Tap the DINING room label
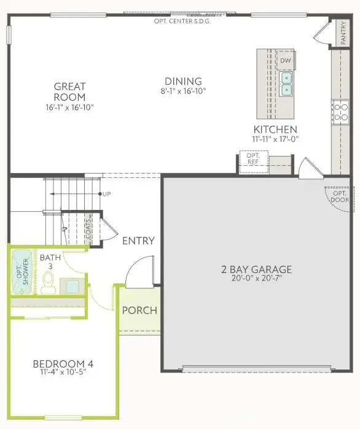[x=183, y=81]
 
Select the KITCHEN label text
[x=276, y=129]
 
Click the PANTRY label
[x=343, y=34]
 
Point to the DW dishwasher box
[x=285, y=61]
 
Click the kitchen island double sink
[x=286, y=83]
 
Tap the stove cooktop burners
[x=340, y=112]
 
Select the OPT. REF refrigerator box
[x=253, y=159]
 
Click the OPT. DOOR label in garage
[x=338, y=195]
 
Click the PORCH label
[x=139, y=310]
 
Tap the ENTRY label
[x=138, y=241]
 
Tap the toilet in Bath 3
[x=49, y=282]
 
